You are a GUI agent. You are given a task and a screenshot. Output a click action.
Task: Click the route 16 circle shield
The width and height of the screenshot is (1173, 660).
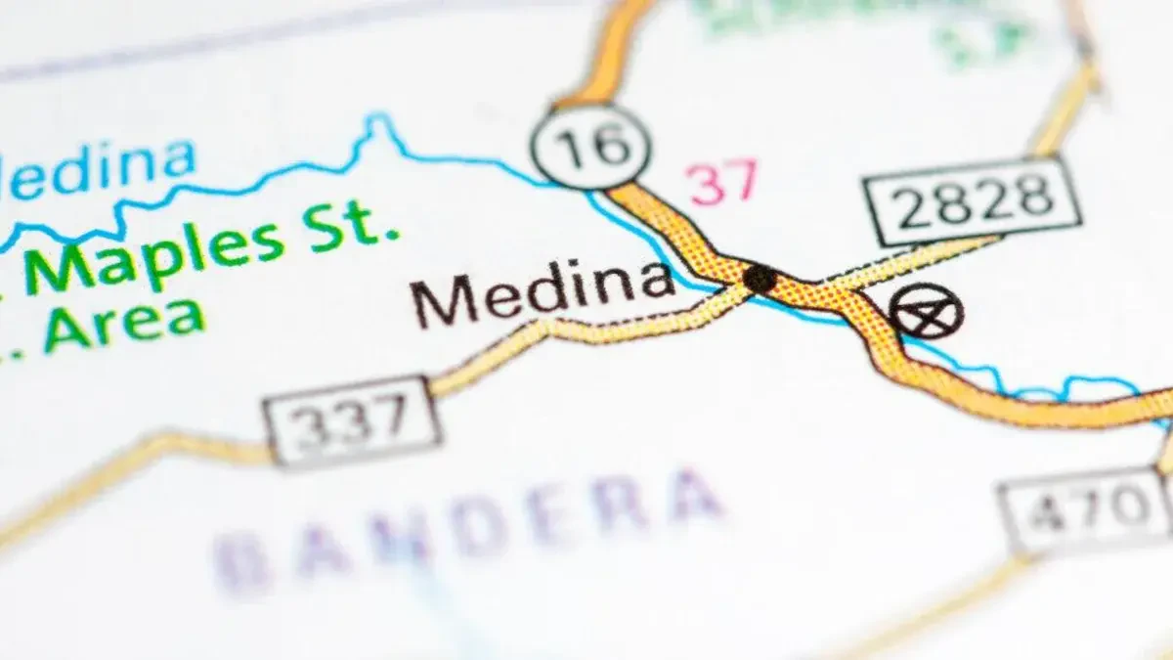click(x=590, y=148)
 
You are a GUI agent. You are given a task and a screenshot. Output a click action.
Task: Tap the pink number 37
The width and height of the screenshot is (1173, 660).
click(x=722, y=183)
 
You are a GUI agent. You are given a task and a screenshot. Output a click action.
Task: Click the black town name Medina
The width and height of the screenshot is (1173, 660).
click(x=542, y=292)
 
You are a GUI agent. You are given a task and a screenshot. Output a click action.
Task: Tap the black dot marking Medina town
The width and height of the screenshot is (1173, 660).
click(x=759, y=278)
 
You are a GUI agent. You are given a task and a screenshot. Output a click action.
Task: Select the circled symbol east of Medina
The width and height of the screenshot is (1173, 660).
click(x=927, y=311)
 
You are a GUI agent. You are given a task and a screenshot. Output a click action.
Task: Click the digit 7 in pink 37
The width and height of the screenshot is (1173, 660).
click(x=739, y=181)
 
